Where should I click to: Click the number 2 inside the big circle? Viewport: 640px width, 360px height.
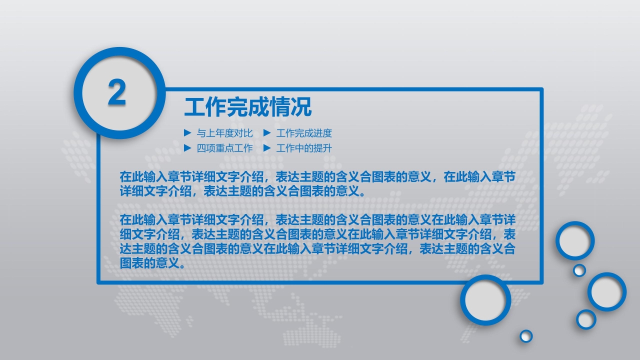[117, 93]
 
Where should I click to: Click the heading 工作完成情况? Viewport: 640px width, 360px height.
[247, 107]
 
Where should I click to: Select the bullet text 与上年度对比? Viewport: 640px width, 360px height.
[224, 133]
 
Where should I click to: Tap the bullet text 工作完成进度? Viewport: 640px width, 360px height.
[304, 133]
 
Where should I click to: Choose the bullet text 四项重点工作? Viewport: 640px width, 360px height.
[224, 148]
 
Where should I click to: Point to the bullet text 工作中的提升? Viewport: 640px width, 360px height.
[304, 148]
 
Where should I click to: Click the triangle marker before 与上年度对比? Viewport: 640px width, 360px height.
[187, 133]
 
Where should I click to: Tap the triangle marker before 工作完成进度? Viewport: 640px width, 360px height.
[267, 133]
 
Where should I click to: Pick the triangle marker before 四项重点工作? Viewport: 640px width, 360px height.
[187, 148]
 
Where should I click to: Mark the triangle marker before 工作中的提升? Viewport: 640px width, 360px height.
[267, 148]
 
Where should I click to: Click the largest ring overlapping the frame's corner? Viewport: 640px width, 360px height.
[485, 300]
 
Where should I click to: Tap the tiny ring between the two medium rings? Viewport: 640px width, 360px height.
[579, 270]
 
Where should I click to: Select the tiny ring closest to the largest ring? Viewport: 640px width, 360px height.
[526, 336]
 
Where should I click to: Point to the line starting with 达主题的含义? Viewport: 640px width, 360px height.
[317, 249]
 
